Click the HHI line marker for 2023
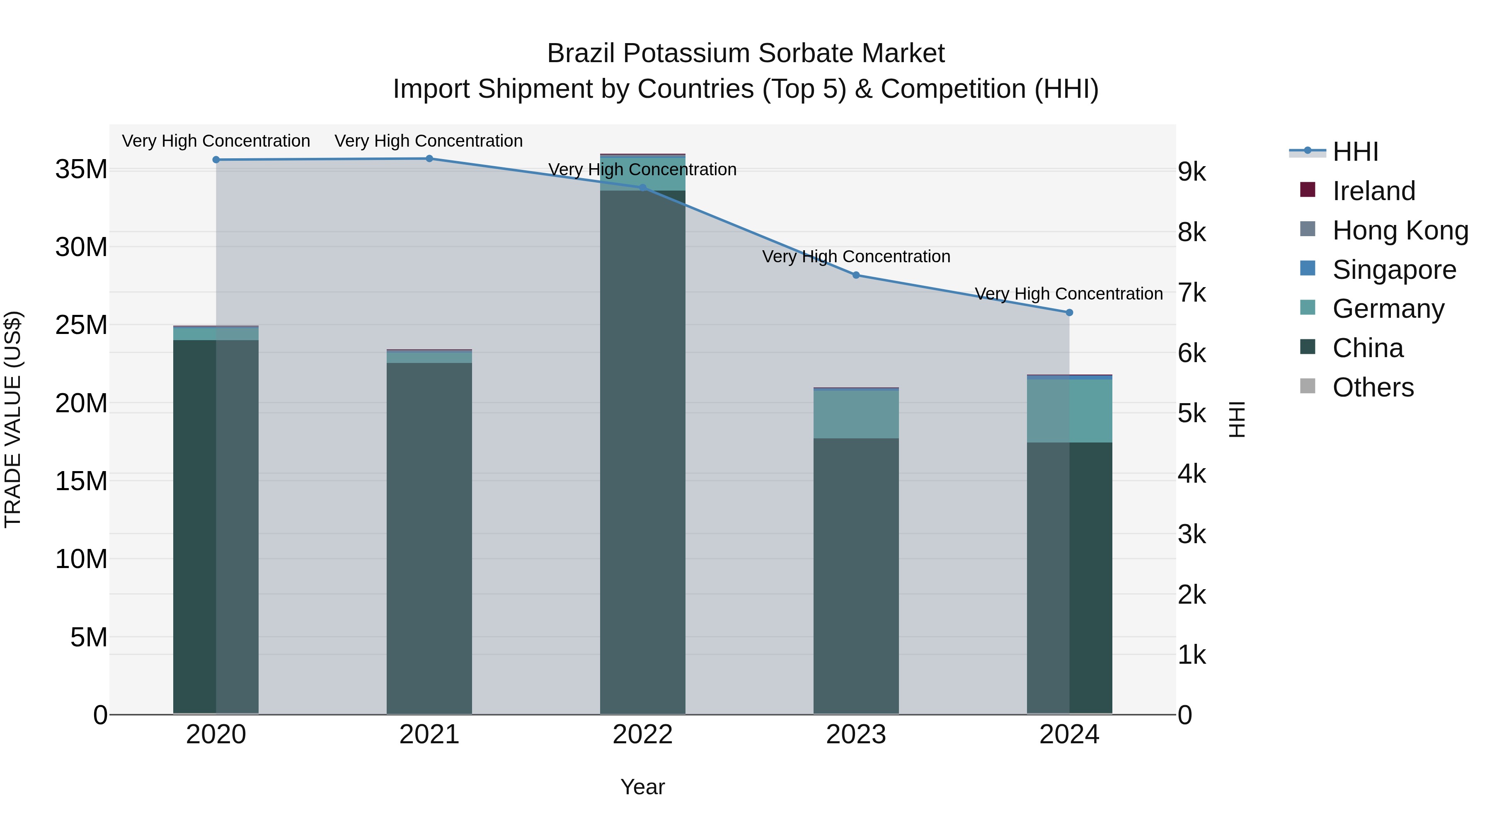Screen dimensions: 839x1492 [x=856, y=275]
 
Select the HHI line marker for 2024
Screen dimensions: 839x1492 [x=1069, y=313]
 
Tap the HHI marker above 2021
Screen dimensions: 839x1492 [x=429, y=159]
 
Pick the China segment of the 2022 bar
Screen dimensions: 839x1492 [x=642, y=452]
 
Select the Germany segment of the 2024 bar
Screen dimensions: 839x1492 [x=1069, y=411]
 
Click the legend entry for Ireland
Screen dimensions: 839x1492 [x=1373, y=191]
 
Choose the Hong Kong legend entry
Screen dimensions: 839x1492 [x=1400, y=230]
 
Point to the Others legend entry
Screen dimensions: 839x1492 [x=1373, y=387]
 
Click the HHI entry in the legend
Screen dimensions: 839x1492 [x=1355, y=152]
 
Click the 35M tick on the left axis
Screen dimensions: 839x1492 [x=81, y=169]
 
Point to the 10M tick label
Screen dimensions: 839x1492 [x=81, y=559]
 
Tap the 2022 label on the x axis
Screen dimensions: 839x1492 [x=642, y=735]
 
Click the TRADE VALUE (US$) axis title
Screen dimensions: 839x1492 [x=13, y=419]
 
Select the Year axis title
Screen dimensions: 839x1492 [x=642, y=787]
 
